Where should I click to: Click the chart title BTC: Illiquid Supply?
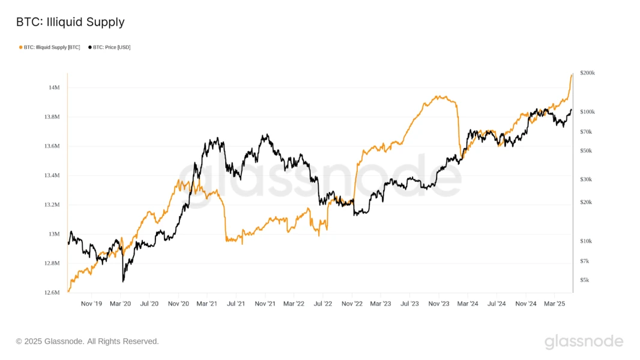(70, 22)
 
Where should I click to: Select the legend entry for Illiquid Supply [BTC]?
(52, 47)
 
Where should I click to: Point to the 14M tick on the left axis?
(54, 88)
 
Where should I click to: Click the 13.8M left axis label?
(52, 117)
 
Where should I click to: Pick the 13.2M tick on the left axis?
(52, 205)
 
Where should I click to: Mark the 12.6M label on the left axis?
(52, 293)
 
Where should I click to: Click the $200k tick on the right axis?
(587, 73)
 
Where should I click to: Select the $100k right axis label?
(587, 112)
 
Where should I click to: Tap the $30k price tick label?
(586, 179)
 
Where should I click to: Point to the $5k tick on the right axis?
(585, 280)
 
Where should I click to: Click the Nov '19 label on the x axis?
(91, 304)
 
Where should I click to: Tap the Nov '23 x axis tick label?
(439, 304)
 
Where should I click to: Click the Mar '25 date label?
(554, 304)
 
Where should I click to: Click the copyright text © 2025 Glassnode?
(88, 341)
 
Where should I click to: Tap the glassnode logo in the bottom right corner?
(584, 342)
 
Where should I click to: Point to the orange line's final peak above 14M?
(572, 74)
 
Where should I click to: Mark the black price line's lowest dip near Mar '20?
(123, 281)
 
